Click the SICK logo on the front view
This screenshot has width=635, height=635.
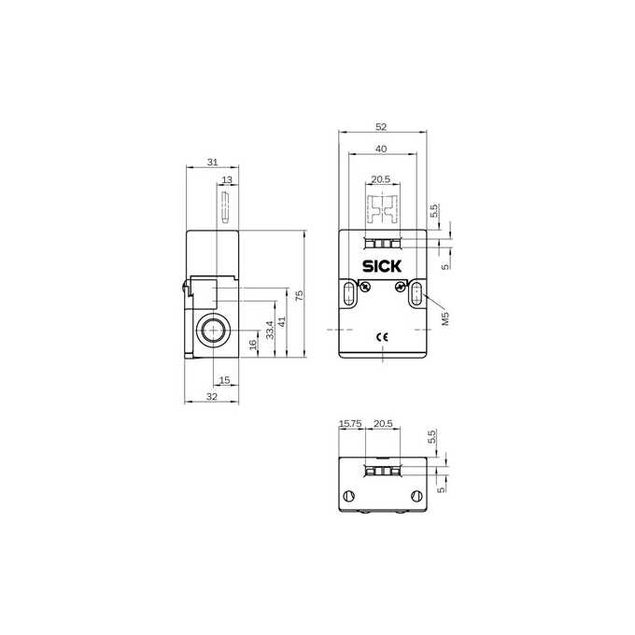coord(382,266)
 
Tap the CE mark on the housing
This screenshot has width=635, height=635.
coord(382,337)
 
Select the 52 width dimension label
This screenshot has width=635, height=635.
coord(381,127)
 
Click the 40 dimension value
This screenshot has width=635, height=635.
coord(381,149)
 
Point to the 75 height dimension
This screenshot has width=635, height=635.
coord(299,295)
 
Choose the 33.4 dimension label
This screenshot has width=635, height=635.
coord(270,330)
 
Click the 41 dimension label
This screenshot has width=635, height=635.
coord(282,321)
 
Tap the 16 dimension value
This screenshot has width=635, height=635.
coord(253,345)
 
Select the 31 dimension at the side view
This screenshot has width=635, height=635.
coord(213,162)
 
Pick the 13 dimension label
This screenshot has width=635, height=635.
coord(227,179)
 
